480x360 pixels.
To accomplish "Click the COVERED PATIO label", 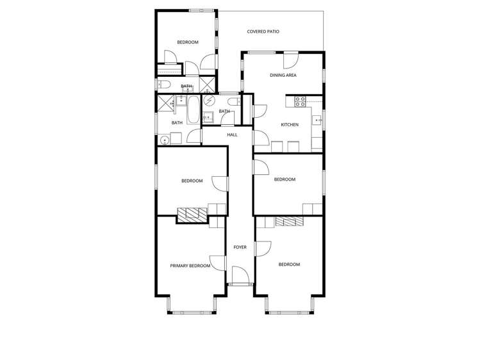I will (x=263, y=31).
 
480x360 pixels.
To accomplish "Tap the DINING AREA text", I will (x=283, y=76).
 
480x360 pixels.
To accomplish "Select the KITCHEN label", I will (x=290, y=124).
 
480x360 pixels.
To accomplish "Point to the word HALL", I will (x=232, y=135).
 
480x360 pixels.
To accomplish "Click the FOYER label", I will (x=240, y=247).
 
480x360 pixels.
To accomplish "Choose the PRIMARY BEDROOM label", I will (x=190, y=266).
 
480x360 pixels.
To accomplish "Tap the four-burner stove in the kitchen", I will (x=299, y=101).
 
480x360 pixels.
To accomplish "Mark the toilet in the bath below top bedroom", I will (x=164, y=86).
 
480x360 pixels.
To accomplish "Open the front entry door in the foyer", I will (x=240, y=277).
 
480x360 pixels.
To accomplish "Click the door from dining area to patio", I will (x=292, y=59).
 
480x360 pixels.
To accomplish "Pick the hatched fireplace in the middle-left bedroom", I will (x=193, y=215).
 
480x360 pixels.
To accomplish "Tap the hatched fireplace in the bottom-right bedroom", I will (x=288, y=221).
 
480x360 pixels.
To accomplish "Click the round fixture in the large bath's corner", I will (x=165, y=139).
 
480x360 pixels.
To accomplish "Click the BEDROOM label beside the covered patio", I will (x=188, y=42).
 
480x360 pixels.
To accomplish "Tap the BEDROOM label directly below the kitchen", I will (x=285, y=179).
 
